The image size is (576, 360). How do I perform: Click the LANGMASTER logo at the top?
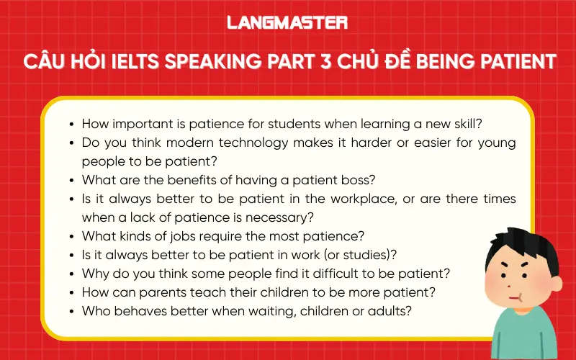pyautogui.click(x=287, y=22)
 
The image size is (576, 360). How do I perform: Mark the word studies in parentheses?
pyautogui.click(x=377, y=255)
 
